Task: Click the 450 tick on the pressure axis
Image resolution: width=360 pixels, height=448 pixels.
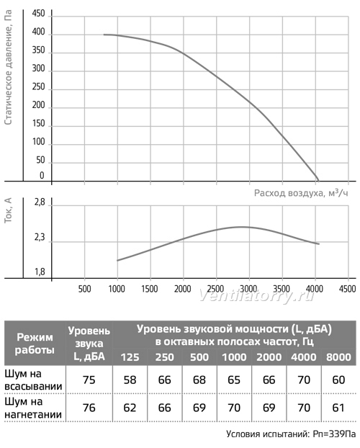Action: pos(39,14)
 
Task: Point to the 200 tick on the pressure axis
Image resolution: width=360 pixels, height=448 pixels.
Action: pos(39,105)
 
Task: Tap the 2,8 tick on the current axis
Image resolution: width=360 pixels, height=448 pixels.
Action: pos(40,202)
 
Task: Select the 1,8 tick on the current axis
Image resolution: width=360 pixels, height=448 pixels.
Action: pos(40,272)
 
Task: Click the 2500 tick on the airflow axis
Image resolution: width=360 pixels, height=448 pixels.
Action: pos(216,289)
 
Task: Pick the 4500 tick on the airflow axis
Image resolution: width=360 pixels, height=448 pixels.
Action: pos(348,289)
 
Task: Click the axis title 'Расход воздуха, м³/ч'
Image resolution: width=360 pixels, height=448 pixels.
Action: pos(301,193)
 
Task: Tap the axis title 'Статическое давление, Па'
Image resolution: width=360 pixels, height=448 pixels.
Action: pos(9,68)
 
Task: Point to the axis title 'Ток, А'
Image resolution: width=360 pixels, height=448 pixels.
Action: pos(9,210)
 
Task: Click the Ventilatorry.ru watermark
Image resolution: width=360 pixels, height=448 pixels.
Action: pos(256,296)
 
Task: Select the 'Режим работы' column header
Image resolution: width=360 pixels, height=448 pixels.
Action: pos(35,344)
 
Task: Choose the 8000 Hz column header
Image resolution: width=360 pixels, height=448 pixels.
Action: pos(338,357)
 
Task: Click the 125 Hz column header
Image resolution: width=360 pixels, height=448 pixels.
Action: pos(130,357)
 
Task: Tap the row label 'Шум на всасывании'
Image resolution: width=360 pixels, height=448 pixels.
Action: pos(33,380)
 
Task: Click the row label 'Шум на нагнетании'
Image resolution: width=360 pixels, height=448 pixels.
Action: pos(33,408)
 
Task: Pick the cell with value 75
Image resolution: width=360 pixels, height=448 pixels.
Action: pos(89,380)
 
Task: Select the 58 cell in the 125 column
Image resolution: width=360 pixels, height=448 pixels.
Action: pos(130,380)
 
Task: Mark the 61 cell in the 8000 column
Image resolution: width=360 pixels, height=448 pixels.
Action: pos(338,408)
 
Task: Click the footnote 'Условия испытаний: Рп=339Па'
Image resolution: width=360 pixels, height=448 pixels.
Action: pos(291,434)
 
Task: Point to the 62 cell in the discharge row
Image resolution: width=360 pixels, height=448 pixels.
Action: pos(130,408)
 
